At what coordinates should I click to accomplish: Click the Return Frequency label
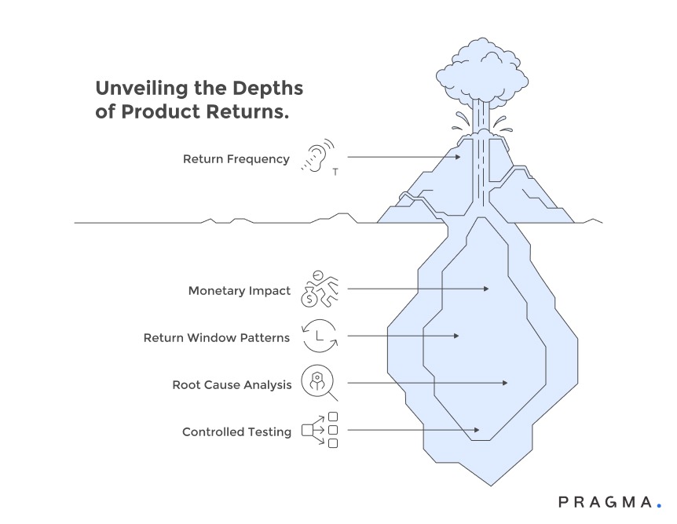236,159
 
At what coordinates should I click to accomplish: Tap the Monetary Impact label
239,291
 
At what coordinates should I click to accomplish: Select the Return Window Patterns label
216,338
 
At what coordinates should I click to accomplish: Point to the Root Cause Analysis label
232,385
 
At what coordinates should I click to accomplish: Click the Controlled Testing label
236,432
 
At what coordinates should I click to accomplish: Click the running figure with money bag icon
319,289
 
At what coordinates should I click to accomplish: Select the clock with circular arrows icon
319,337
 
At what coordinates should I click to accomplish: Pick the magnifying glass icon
319,384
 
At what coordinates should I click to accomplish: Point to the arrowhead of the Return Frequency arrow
459,158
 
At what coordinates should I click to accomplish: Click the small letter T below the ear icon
335,173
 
